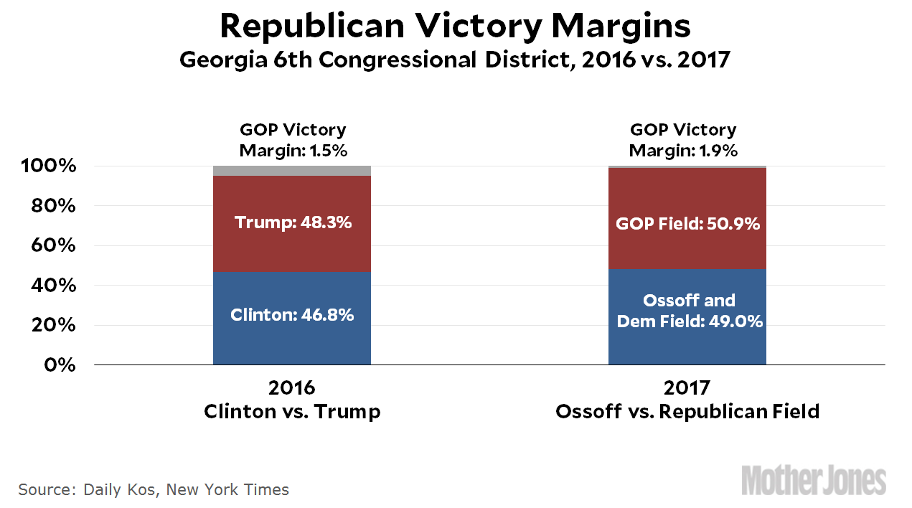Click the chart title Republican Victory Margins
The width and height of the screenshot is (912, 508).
click(x=455, y=27)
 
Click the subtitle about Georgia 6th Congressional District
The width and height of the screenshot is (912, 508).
click(x=455, y=59)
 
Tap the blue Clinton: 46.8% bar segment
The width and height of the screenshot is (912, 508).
click(x=292, y=315)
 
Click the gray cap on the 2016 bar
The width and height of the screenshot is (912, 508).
click(x=292, y=171)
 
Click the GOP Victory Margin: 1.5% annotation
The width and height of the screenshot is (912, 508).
click(x=292, y=141)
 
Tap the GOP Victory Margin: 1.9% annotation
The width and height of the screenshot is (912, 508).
click(x=683, y=141)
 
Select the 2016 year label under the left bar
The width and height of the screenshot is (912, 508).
click(x=292, y=388)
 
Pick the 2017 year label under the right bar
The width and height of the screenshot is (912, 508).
click(x=687, y=388)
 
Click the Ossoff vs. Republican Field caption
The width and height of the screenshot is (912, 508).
click(x=687, y=412)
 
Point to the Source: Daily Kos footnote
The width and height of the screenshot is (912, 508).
click(x=154, y=490)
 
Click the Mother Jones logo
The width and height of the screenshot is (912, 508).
click(x=814, y=480)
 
